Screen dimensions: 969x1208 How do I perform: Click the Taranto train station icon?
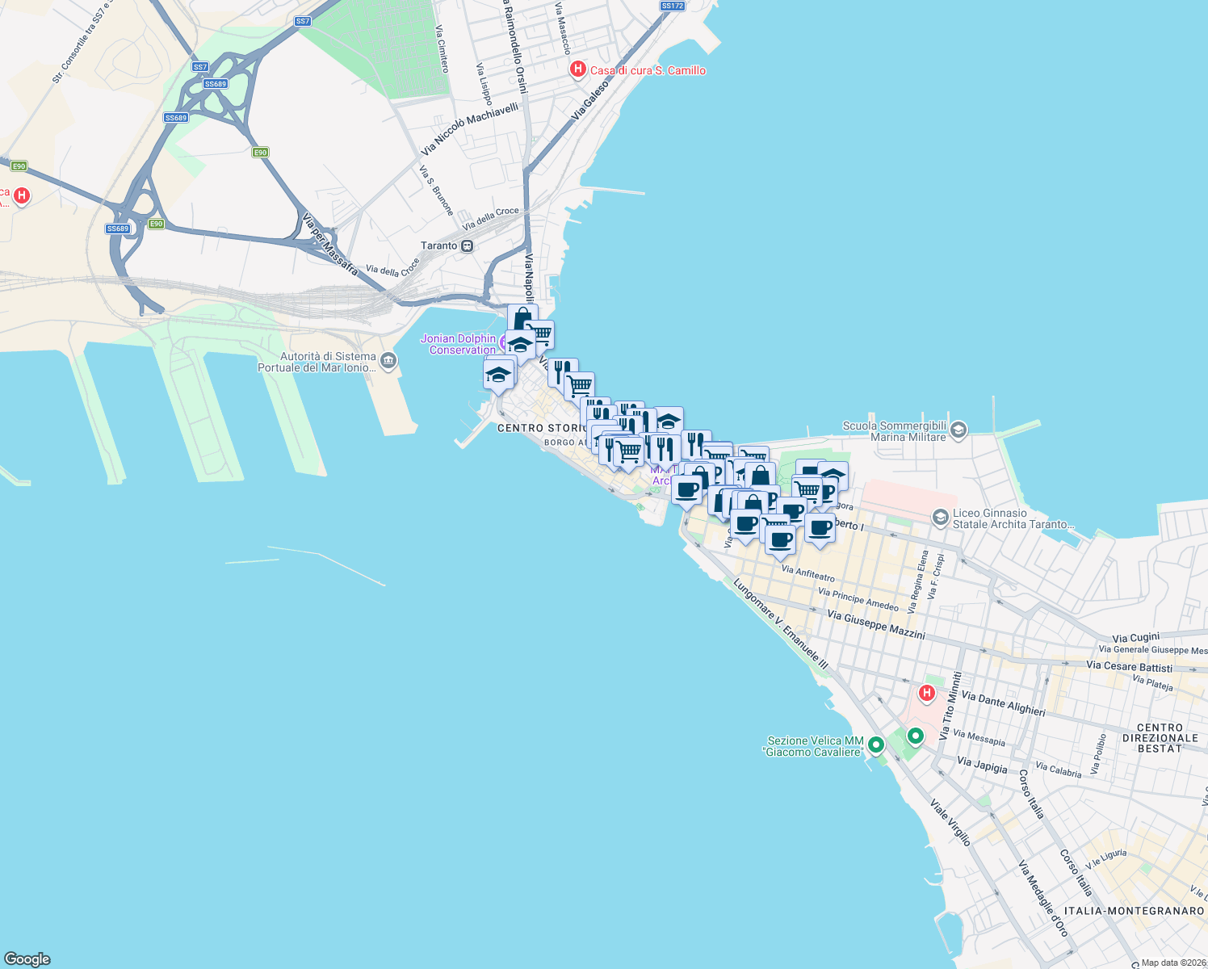(467, 245)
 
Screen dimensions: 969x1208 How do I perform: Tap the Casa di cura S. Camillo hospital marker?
(577, 69)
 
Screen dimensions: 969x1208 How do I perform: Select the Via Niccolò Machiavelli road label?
(469, 128)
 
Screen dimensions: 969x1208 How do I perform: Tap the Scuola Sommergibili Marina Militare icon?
(958, 430)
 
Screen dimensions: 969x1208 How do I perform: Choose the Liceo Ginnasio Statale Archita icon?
(940, 517)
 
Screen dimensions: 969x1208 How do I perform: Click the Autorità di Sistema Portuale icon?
(388, 360)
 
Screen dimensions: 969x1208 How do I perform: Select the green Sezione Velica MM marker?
(876, 745)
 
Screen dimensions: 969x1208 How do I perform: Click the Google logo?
(27, 959)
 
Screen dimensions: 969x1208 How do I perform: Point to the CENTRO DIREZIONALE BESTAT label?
(1160, 738)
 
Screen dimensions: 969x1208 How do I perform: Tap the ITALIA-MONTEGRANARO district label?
(1134, 911)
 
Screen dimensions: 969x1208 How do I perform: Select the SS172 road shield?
(672, 6)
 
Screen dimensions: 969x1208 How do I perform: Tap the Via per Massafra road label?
(329, 244)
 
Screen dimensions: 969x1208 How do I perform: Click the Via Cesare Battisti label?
(1129, 666)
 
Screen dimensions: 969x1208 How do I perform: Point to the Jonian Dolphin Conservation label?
(459, 344)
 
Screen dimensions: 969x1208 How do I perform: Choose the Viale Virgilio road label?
(950, 822)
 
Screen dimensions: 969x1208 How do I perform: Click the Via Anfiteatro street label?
(807, 574)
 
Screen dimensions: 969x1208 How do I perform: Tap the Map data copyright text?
(1172, 963)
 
